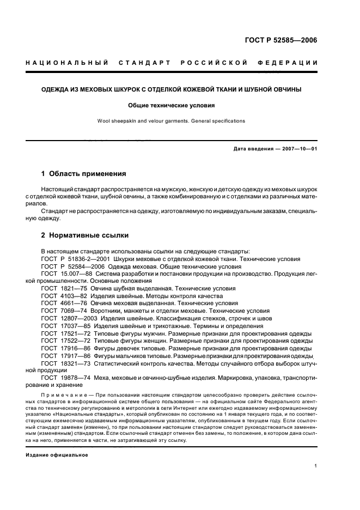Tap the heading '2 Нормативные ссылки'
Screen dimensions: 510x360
point(85,235)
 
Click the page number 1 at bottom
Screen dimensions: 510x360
point(316,466)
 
